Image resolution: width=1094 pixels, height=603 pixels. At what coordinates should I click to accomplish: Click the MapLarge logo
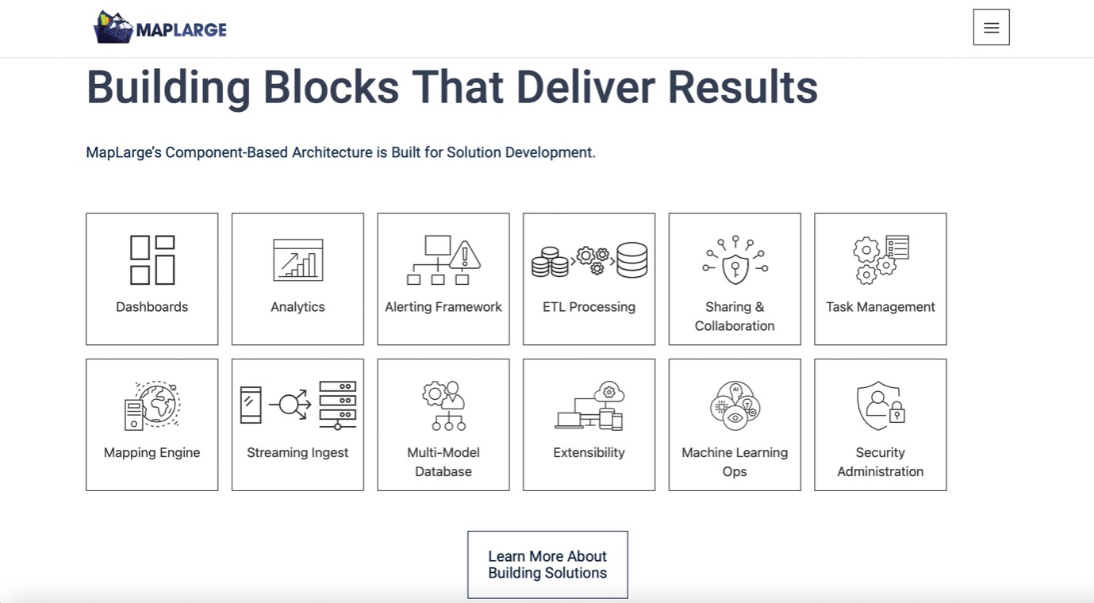coord(159,27)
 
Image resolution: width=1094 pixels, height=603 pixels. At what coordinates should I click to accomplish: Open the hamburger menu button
coord(991,27)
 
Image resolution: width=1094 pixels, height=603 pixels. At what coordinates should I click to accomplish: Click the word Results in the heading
coord(743,88)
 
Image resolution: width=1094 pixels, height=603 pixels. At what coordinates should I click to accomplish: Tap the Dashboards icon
coord(152,259)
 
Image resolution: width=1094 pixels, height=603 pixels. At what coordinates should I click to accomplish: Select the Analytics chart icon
coord(298,259)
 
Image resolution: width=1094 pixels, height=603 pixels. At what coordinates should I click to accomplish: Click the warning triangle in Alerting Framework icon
coord(464,255)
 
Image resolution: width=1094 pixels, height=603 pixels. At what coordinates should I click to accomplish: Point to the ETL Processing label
coord(589,306)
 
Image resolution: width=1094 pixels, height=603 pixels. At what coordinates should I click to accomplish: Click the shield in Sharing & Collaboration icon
coord(735,268)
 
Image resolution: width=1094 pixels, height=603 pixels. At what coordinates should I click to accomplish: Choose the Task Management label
coord(880,306)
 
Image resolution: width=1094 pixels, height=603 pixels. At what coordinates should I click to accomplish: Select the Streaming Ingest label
coord(297,452)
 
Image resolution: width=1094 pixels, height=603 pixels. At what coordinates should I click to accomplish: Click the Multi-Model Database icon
coord(443,405)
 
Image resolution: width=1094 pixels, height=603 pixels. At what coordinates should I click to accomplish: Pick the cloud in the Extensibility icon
coord(609,392)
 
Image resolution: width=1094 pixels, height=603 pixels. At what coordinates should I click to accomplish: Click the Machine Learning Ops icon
coord(735,405)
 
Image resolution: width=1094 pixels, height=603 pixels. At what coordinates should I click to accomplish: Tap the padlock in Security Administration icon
coord(896,412)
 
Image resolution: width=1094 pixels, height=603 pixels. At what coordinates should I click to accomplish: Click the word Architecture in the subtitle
coord(332,152)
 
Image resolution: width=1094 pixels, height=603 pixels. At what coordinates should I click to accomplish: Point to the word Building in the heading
coord(168,88)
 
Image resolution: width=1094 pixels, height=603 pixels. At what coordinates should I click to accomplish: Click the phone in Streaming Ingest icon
coord(251,405)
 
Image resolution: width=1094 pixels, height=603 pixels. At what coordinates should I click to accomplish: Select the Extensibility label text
coord(589,452)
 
